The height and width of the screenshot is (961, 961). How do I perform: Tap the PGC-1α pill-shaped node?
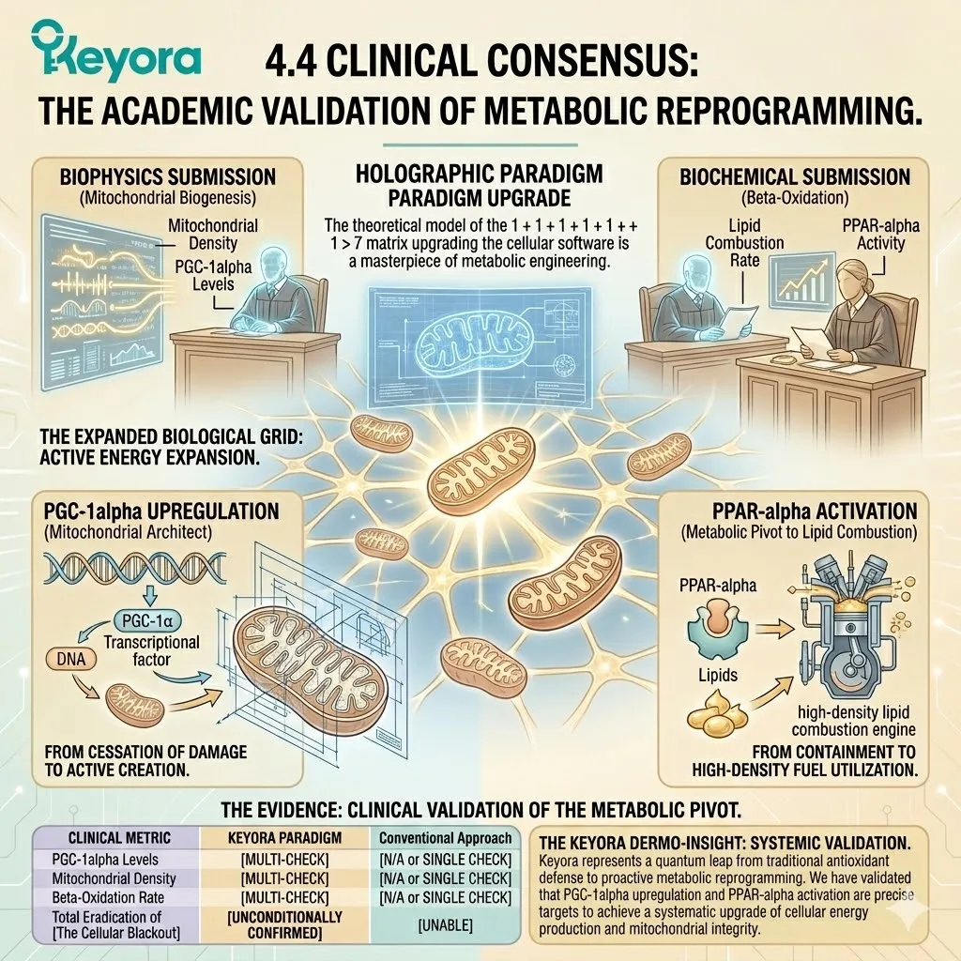(x=147, y=621)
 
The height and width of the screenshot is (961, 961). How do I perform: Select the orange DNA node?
(x=71, y=659)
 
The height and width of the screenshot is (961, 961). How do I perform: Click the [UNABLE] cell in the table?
(x=445, y=924)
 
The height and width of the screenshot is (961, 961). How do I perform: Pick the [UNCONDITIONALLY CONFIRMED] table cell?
(x=284, y=924)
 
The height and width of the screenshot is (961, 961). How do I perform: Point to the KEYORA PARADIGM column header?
(x=284, y=838)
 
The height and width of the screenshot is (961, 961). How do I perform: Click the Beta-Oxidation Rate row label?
(x=108, y=897)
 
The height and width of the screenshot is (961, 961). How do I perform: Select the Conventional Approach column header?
(x=445, y=838)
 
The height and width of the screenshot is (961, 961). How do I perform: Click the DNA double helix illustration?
(x=135, y=568)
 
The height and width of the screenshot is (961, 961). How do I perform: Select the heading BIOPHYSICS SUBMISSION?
(x=167, y=176)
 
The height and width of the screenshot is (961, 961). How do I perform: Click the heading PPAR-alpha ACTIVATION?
(x=815, y=511)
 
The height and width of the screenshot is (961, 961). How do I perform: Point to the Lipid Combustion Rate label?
(x=744, y=243)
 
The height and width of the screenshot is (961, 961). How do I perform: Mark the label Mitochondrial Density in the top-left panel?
(x=213, y=234)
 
